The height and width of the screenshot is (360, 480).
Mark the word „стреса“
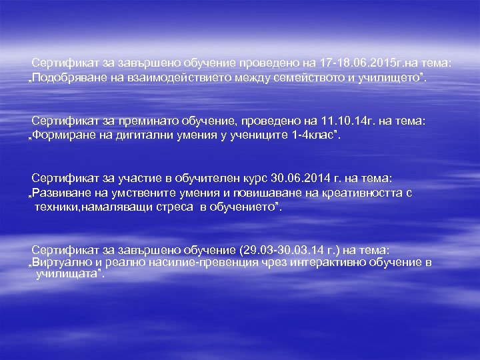(x=175, y=207)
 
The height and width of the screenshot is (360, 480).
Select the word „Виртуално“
(x=63, y=262)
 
